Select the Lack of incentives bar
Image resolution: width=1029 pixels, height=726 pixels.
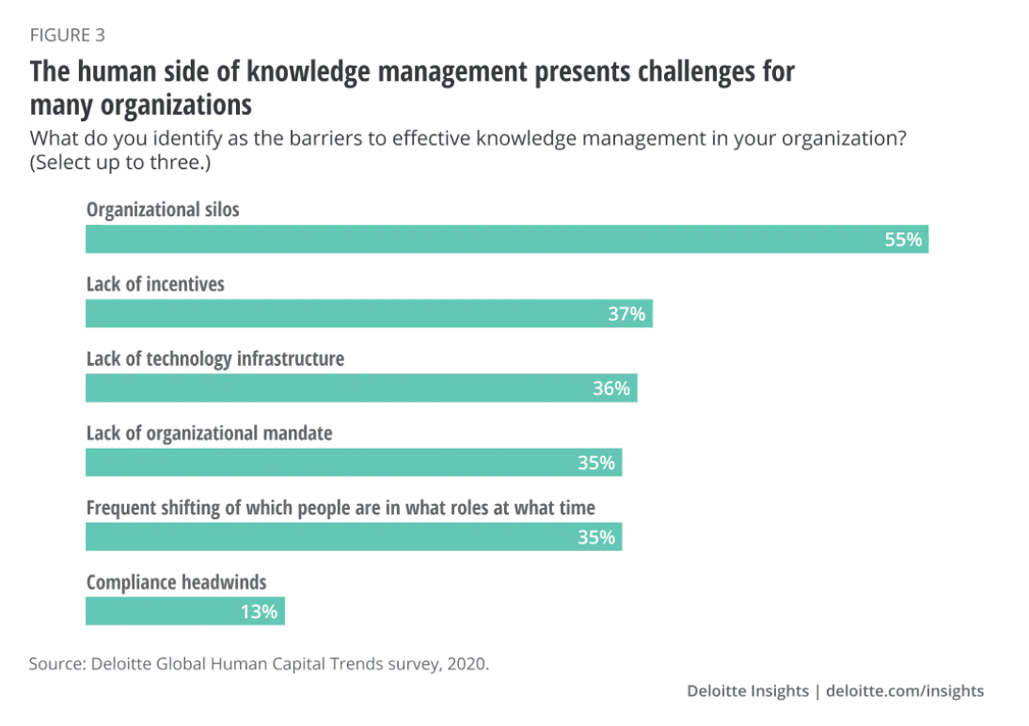pos(369,313)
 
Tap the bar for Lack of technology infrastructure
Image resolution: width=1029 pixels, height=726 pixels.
pos(361,387)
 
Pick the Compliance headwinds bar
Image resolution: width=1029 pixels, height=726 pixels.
pos(184,611)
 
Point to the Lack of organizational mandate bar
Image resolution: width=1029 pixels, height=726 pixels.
pos(354,462)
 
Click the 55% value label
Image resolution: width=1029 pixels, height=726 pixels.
pos(903,240)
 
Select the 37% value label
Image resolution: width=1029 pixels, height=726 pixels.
pos(626,314)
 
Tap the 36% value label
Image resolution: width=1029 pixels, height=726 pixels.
pos(611,388)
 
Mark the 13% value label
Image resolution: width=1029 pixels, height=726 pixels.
pos(259,612)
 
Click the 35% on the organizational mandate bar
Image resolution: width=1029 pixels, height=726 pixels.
pos(596,463)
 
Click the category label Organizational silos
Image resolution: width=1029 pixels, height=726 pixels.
pos(163,210)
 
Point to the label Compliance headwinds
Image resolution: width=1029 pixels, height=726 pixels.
pos(176,582)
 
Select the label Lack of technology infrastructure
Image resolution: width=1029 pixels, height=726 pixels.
pos(215,358)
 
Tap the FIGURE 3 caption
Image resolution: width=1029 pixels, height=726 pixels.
pos(68,36)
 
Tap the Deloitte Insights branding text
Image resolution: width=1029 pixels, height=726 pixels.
pos(748,691)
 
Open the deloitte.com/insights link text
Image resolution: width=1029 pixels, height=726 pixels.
pos(905,691)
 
